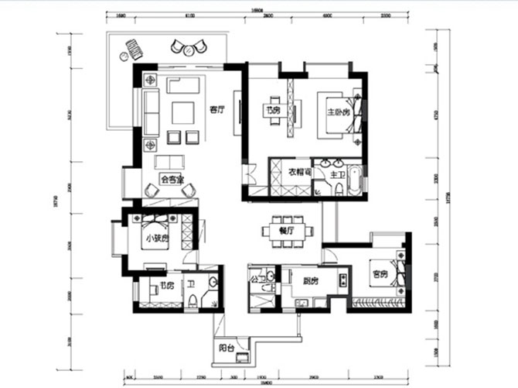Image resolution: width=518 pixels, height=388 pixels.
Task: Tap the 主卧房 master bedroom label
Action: (338, 112)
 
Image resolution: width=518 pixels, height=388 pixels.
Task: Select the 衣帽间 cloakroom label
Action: (299, 172)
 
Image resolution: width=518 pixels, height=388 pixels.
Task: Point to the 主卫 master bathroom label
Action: (336, 175)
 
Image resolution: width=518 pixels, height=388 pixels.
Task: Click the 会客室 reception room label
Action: (171, 179)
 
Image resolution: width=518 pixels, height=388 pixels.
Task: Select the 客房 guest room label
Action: (379, 274)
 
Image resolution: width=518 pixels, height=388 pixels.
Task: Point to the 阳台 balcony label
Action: (227, 348)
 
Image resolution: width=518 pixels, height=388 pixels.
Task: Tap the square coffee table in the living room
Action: (183, 113)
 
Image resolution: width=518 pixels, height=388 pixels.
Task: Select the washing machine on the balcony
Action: (244, 357)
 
